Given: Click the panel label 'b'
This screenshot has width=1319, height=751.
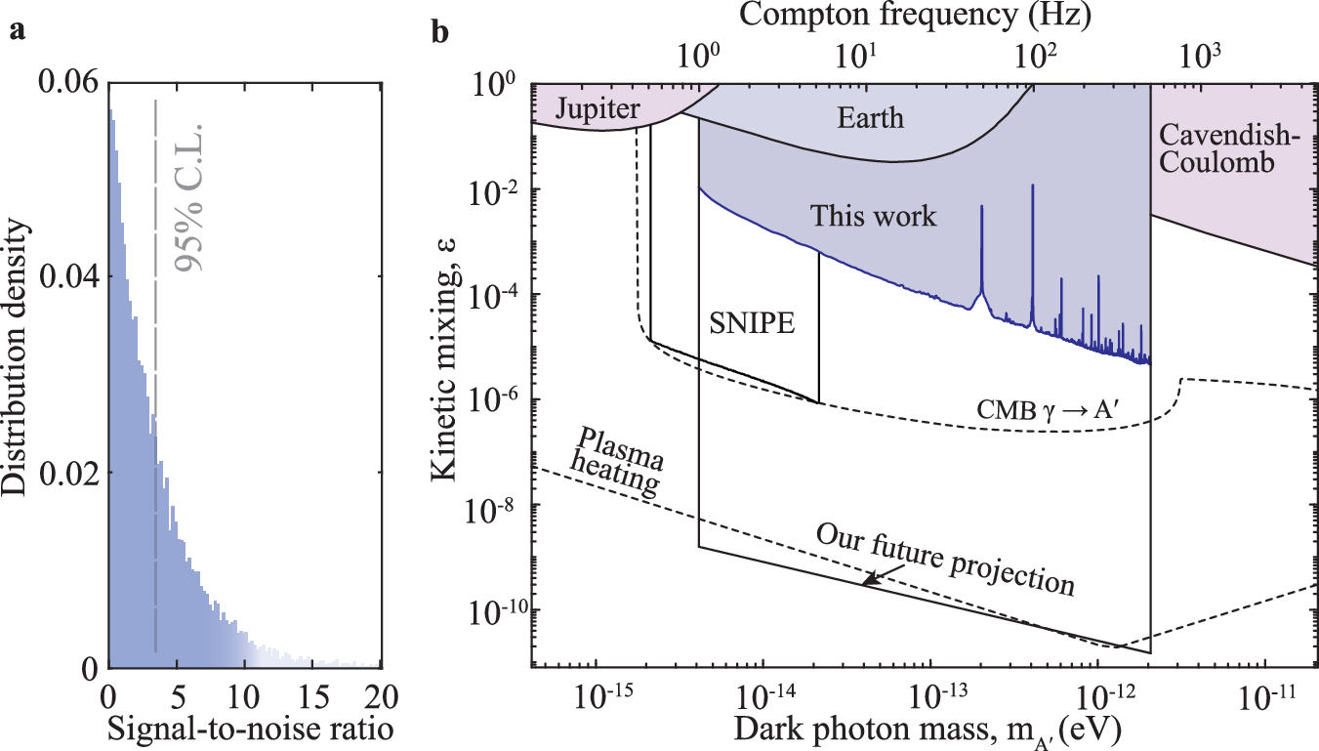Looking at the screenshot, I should [441, 31].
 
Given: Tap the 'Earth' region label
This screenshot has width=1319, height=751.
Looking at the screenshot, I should [871, 118].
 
